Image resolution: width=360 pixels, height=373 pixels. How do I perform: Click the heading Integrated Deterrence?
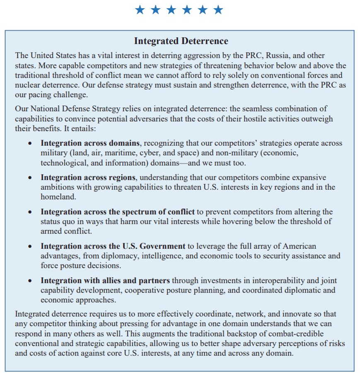[x=181, y=41]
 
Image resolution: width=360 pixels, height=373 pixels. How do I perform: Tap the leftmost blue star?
[x=140, y=10]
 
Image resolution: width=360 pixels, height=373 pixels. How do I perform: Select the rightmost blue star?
[x=218, y=10]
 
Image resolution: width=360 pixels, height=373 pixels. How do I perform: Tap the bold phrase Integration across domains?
[x=90, y=143]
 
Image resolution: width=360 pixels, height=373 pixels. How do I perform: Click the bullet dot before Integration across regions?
[x=30, y=178]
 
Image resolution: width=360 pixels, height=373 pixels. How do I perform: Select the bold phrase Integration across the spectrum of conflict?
[x=117, y=212]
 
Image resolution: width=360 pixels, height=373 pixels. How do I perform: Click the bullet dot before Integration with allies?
[x=30, y=281]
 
